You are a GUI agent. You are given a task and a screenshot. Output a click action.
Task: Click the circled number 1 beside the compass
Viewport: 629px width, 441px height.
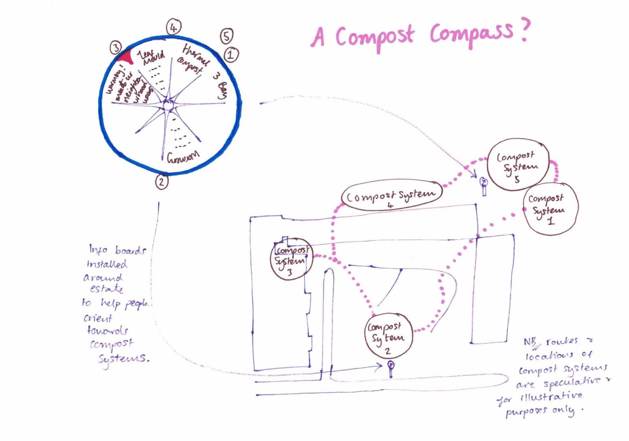coord(231,54)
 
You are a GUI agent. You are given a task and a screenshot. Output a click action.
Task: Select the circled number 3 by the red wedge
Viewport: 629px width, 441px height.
coord(116,48)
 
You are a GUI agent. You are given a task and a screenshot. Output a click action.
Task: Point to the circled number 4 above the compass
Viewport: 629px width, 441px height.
coord(173,28)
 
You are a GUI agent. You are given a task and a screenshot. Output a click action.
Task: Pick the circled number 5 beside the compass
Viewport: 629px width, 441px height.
coord(226,36)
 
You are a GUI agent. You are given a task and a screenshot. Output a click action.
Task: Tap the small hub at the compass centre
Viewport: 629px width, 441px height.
coord(168,105)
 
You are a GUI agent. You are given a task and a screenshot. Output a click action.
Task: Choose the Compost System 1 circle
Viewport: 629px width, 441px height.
coord(550,209)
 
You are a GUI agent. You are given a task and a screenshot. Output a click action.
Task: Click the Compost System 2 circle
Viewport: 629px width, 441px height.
coord(387,335)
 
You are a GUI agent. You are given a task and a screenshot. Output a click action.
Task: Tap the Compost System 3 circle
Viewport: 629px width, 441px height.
coord(291,259)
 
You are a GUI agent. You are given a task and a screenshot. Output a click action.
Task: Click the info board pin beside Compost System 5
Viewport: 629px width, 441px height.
coord(484,185)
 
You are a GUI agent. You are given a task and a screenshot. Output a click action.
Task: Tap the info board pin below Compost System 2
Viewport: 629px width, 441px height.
coord(390,368)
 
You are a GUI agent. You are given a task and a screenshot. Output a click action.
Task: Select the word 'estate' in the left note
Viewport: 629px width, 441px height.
coord(106,289)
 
